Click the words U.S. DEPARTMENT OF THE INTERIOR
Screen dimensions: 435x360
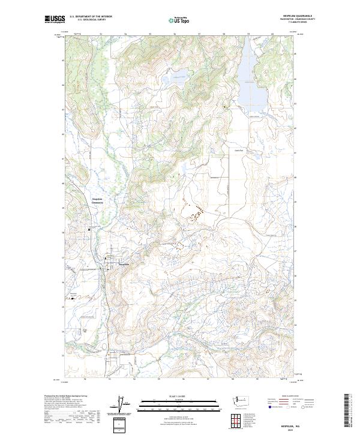click(91, 17)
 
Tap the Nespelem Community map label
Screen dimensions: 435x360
click(98, 201)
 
